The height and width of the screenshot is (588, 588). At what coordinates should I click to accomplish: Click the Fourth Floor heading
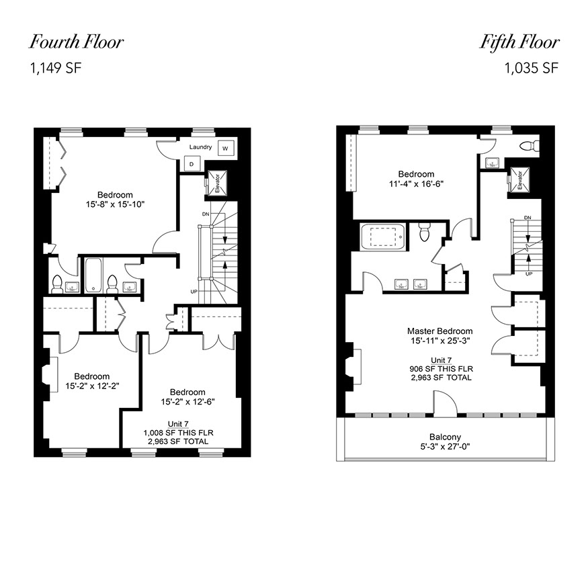(x=76, y=42)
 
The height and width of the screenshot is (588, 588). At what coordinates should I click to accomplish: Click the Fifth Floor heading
(x=519, y=42)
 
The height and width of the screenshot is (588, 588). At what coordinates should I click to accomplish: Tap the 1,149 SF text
(x=56, y=69)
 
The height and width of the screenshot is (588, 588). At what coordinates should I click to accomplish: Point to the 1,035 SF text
(x=532, y=69)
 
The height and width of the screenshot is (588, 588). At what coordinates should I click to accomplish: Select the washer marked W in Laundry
(x=225, y=148)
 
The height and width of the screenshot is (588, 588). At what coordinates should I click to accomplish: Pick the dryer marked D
(x=192, y=164)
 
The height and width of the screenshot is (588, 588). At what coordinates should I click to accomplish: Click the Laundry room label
(x=200, y=147)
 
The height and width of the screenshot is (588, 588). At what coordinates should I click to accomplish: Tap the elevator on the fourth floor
(x=216, y=183)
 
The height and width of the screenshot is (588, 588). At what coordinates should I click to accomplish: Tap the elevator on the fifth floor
(x=519, y=179)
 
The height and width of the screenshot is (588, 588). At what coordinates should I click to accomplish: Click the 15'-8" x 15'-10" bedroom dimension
(x=115, y=204)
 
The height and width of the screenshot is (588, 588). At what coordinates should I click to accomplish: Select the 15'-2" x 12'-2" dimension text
(x=92, y=386)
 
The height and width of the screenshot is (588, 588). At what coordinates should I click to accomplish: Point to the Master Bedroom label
(x=440, y=331)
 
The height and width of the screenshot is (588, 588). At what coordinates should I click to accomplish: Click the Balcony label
(x=445, y=437)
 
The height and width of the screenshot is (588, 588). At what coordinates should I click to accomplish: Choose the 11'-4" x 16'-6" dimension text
(x=416, y=183)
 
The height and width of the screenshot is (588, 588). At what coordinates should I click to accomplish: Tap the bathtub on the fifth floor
(x=382, y=237)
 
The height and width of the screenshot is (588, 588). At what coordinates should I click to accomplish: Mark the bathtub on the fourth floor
(x=93, y=275)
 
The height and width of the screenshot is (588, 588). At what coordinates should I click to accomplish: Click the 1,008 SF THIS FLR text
(x=179, y=433)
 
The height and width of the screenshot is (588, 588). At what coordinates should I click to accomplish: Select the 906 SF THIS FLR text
(x=442, y=369)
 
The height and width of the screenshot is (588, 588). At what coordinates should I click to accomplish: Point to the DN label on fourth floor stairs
(x=206, y=214)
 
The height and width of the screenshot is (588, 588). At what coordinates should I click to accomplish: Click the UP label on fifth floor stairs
(x=529, y=274)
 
